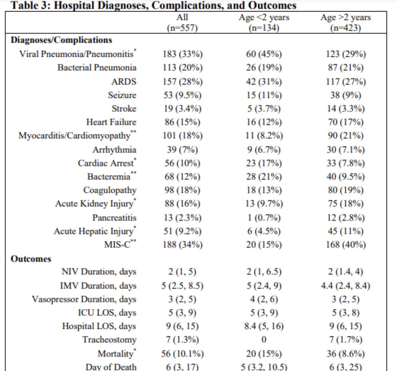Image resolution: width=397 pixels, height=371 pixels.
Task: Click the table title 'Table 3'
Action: pyautogui.click(x=153, y=5)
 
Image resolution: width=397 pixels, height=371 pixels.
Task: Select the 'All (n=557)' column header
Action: pyautogui.click(x=182, y=22)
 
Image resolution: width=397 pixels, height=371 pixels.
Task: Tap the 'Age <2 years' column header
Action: pyautogui.click(x=264, y=22)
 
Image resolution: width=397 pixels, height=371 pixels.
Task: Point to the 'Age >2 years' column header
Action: pyautogui.click(x=345, y=22)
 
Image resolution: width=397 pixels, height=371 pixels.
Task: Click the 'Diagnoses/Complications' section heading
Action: pyautogui.click(x=61, y=40)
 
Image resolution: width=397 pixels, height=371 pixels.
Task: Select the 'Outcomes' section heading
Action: pyautogui.click(x=31, y=259)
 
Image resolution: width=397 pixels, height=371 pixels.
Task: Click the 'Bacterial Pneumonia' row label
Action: pyautogui.click(x=97, y=67)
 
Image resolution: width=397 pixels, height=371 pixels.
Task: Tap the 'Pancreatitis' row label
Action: pyautogui.click(x=114, y=217)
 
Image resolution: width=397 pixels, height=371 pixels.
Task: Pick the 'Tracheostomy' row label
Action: pyautogui.click(x=109, y=339)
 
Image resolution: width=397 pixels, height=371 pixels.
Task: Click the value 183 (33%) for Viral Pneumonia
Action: pyautogui.click(x=182, y=54)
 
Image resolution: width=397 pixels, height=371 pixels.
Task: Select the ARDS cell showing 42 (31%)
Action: pyautogui.click(x=264, y=81)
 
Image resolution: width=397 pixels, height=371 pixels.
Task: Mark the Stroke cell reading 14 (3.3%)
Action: pyautogui.click(x=345, y=109)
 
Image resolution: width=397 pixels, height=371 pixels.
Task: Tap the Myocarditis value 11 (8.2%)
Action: pyautogui.click(x=264, y=136)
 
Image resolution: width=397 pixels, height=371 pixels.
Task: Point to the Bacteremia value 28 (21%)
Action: pyautogui.click(x=264, y=176)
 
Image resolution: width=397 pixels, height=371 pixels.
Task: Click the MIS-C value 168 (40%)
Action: pyautogui.click(x=345, y=245)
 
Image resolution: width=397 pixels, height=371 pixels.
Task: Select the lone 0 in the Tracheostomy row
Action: pyautogui.click(x=264, y=339)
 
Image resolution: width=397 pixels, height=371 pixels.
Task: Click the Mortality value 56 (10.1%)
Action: pyautogui.click(x=182, y=354)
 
